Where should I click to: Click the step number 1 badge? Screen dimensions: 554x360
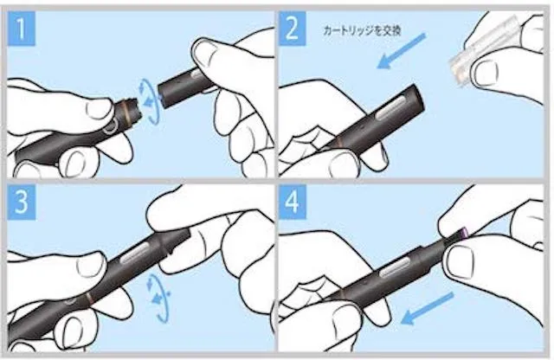[x=21, y=29]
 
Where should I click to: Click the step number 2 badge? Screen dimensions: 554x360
[x=293, y=29]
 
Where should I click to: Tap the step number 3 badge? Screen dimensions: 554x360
[x=22, y=202]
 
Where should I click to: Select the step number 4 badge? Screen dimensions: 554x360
[x=293, y=202]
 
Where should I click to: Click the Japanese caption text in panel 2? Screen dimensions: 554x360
[x=362, y=31]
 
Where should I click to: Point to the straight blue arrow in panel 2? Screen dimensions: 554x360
[x=402, y=51]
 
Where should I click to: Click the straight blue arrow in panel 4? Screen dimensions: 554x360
[x=427, y=308]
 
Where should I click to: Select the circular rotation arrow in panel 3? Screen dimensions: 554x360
[x=158, y=298]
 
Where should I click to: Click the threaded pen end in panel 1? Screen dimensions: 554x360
[x=132, y=107]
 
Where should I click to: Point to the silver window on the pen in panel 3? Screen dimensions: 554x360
[x=136, y=254]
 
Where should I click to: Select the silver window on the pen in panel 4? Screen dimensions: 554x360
[x=393, y=267]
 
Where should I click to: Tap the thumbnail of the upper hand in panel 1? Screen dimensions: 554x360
[x=205, y=54]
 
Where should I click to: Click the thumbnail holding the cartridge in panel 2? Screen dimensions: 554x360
[x=486, y=74]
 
